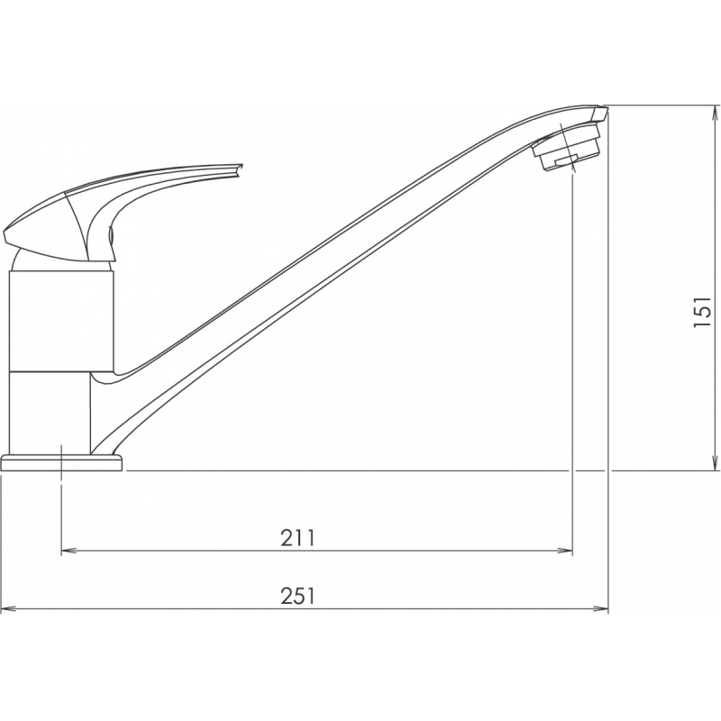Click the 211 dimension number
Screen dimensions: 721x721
[297, 537]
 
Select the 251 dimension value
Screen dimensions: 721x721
[297, 597]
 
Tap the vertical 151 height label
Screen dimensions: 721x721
[702, 311]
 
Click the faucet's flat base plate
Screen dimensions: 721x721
[62, 462]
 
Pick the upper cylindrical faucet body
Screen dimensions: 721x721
[61, 321]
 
